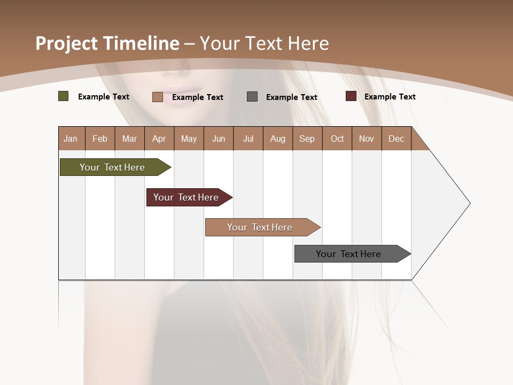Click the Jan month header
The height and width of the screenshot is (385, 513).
point(71,139)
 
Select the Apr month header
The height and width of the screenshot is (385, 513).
point(159,139)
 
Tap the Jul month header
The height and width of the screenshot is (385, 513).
point(248,139)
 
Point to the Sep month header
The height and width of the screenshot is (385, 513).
point(307,139)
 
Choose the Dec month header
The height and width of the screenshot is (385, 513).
point(396,139)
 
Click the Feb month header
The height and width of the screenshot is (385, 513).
point(100,139)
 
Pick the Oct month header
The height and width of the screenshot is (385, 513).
point(337,139)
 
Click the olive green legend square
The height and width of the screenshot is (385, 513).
point(63,96)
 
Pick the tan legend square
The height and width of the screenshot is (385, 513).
point(157,97)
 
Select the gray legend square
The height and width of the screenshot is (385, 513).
point(252,97)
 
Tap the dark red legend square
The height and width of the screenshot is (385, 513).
point(351,96)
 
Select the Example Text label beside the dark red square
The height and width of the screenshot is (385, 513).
point(390,97)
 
